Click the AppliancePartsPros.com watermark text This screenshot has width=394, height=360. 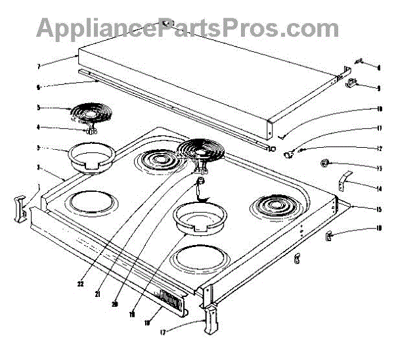pyautogui.click(x=188, y=28)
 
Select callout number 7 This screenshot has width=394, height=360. pyautogui.click(x=39, y=66)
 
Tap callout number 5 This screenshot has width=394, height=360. pyautogui.click(x=39, y=107)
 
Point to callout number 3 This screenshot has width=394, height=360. pyautogui.click(x=39, y=148)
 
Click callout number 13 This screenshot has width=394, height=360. pyautogui.click(x=379, y=168)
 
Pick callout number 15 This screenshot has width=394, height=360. pyautogui.click(x=379, y=209)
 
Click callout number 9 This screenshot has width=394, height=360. pyautogui.click(x=379, y=87)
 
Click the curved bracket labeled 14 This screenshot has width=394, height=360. pyautogui.click(x=346, y=180)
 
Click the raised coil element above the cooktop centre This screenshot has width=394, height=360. pyautogui.click(x=200, y=154)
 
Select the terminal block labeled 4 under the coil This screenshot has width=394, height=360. pyautogui.click(x=93, y=130)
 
